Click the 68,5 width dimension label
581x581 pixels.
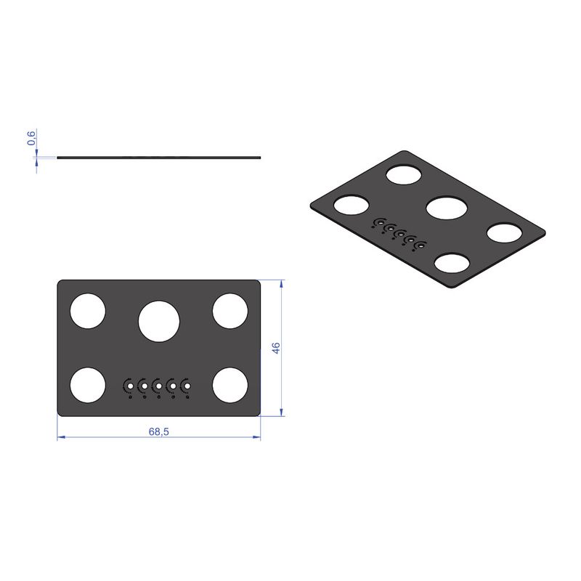point(158,431)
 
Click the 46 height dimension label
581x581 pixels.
point(276,348)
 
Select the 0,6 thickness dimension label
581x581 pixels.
point(31,138)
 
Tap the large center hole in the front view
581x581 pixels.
point(159,321)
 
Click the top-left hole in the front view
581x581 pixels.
point(88,311)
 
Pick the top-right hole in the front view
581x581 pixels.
point(230,311)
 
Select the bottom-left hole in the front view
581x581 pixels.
point(88,385)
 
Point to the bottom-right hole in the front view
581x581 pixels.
point(230,385)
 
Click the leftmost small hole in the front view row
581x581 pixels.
point(130,386)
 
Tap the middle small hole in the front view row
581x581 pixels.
point(158,386)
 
